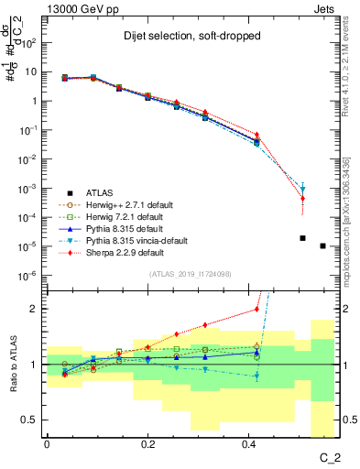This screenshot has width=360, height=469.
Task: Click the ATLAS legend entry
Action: coord(100,193)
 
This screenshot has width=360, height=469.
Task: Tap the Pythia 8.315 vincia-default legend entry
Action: coord(138,241)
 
